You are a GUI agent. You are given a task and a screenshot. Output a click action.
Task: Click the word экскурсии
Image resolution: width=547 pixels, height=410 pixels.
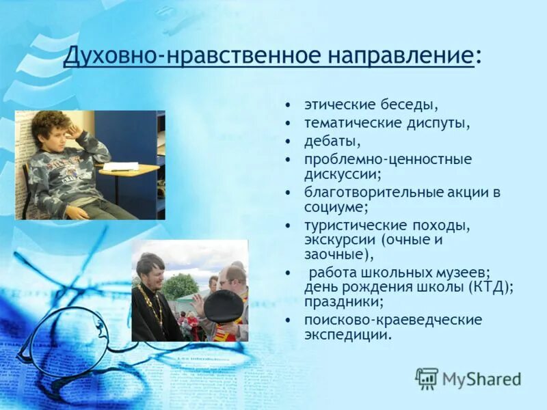tap(339, 240)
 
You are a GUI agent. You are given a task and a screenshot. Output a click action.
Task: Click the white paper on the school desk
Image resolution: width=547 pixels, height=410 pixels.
tap(120, 166)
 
